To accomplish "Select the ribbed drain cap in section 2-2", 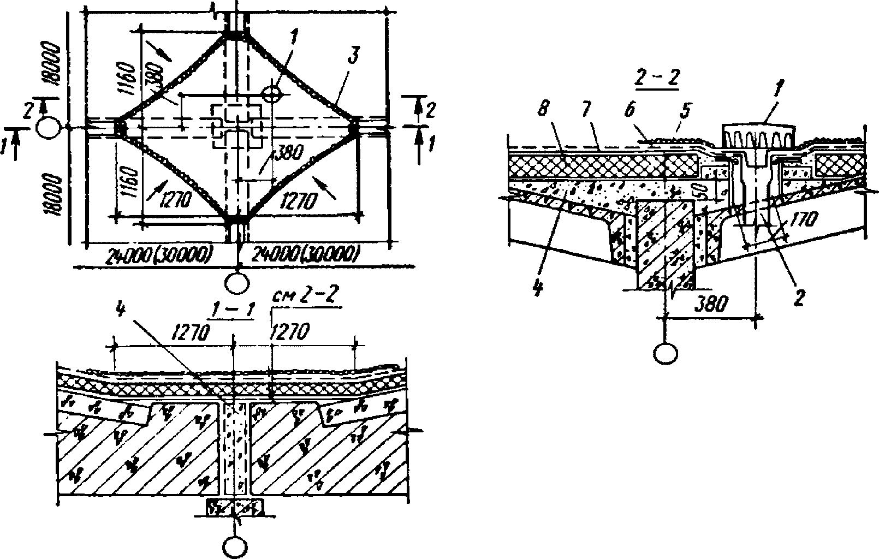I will (x=757, y=136).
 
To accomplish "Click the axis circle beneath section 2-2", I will (x=664, y=352).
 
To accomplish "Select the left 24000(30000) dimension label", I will (x=159, y=254).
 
